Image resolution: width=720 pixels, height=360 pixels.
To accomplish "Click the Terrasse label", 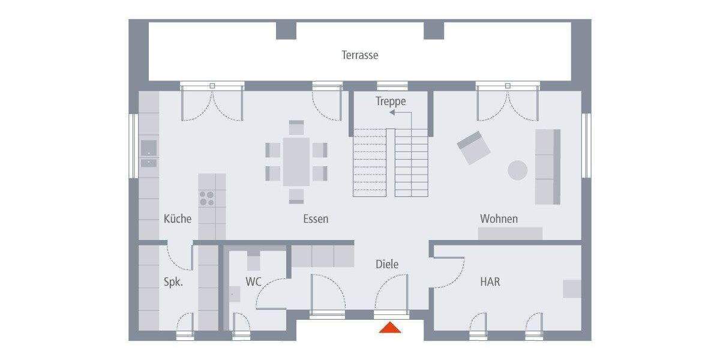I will [x=360, y=55].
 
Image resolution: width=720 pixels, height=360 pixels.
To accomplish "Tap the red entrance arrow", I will [x=390, y=328].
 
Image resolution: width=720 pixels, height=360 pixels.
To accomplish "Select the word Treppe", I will [x=391, y=101].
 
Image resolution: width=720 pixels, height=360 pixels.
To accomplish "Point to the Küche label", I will [x=178, y=218].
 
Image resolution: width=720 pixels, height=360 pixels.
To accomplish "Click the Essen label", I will [x=316, y=219].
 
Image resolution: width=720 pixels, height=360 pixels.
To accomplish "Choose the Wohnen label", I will [x=499, y=218].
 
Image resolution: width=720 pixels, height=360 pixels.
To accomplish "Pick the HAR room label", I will [x=490, y=281].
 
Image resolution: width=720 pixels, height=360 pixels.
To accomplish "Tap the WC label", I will [x=254, y=281].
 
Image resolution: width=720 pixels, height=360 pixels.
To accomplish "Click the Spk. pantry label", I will [x=173, y=281].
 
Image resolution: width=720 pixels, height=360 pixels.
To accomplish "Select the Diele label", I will [x=387, y=264].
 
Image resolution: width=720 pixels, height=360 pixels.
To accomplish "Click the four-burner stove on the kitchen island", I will [x=206, y=198].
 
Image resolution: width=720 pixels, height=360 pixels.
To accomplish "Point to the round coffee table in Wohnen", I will [x=518, y=170].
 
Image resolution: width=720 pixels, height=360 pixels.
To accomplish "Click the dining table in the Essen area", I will [x=296, y=161].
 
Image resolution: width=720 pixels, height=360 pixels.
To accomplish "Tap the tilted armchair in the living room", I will [x=473, y=148].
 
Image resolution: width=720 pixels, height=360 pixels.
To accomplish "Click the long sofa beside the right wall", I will [x=547, y=167].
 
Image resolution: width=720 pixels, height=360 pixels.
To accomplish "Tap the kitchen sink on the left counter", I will [x=148, y=148].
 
